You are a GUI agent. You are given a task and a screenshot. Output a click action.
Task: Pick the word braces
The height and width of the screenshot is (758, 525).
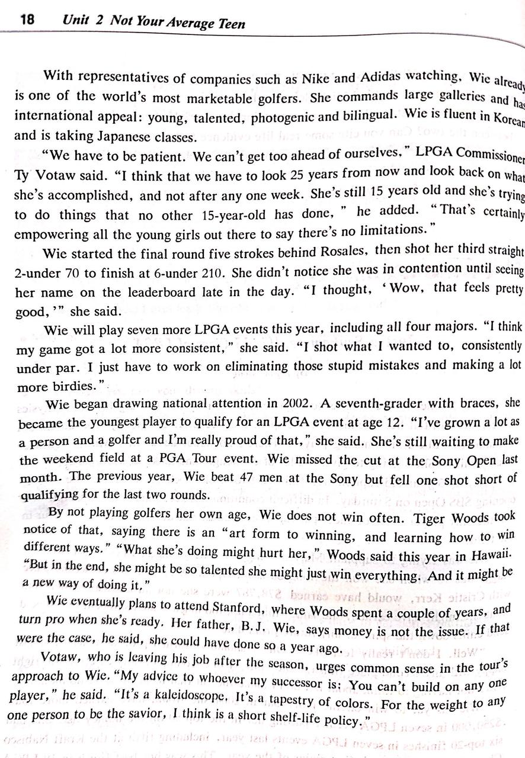(x=478, y=404)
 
